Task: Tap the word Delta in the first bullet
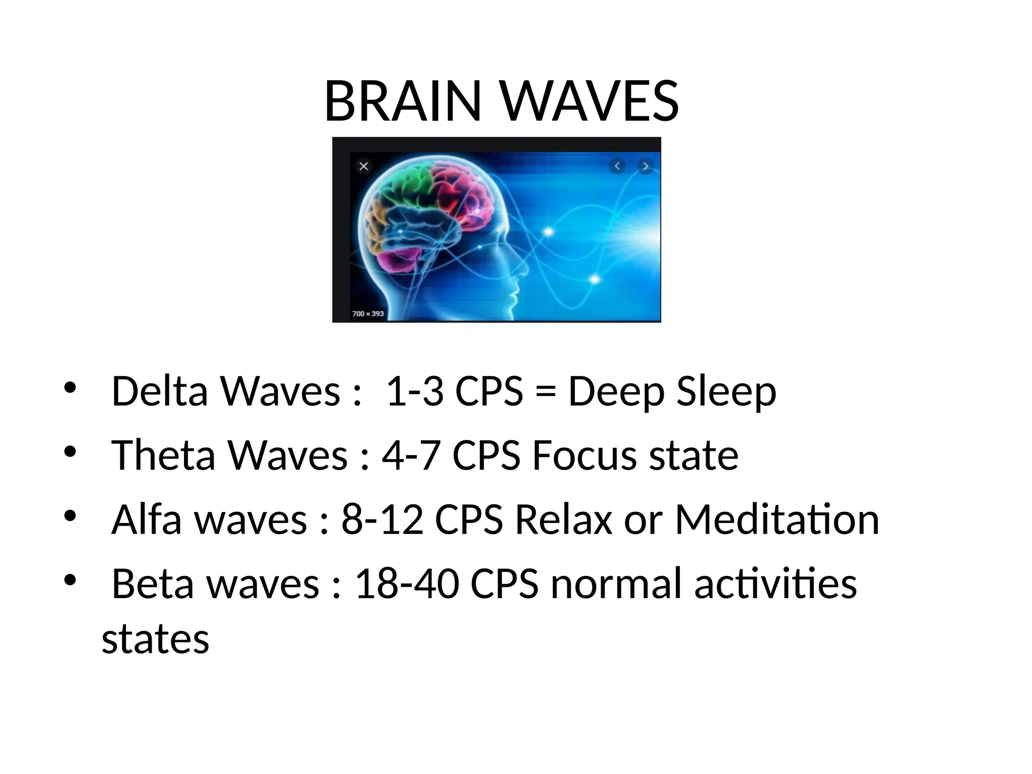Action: [159, 391]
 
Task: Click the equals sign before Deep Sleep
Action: [546, 392]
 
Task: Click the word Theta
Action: [163, 455]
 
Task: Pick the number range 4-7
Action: [411, 455]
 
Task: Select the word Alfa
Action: [146, 519]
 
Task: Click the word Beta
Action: [153, 584]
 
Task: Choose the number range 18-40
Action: [407, 584]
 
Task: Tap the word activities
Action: [776, 584]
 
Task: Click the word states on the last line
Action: [155, 639]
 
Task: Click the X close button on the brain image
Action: [364, 166]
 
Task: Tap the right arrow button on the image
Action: [645, 166]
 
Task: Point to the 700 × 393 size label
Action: [368, 313]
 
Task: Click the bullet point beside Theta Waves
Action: [70, 451]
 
